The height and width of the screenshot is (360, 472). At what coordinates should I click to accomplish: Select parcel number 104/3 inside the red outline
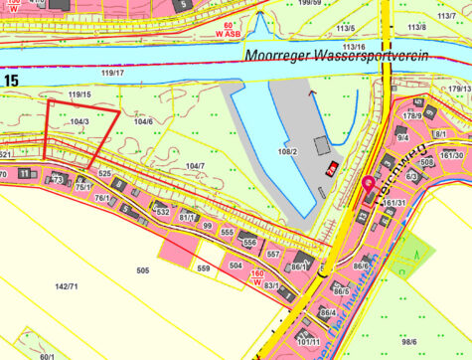point(80,121)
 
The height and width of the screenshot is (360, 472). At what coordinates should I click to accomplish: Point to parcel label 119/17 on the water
point(112,73)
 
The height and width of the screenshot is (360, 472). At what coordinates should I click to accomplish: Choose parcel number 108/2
point(287,151)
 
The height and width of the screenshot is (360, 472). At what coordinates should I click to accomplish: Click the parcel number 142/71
point(67,286)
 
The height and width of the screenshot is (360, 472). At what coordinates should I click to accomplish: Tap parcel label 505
point(142,270)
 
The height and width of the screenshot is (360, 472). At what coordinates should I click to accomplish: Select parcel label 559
point(203,269)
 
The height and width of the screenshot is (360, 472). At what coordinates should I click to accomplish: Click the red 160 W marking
point(256,278)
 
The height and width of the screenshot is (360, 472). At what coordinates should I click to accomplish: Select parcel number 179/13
point(458,89)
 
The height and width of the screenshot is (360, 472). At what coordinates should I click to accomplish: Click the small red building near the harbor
point(334,165)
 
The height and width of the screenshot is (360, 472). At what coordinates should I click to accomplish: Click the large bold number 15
point(10,79)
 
